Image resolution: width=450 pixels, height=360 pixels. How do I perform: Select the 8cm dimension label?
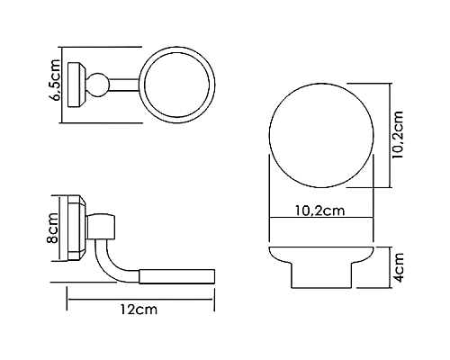(x=53, y=236)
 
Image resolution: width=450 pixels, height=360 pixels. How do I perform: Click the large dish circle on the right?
(x=322, y=134)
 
